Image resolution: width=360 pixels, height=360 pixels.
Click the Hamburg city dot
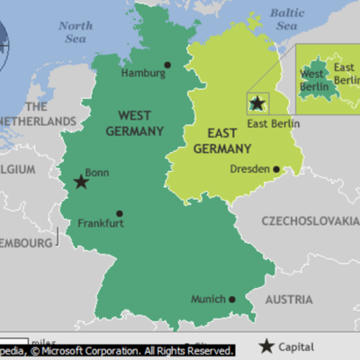pos(167,65)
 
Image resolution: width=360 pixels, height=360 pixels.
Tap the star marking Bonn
pos(81,182)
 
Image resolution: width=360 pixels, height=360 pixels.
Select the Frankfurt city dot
pos(120,214)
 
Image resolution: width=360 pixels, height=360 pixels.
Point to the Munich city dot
pos(232,300)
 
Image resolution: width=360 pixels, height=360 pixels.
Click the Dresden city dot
pos(276,168)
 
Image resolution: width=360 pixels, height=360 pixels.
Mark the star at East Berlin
pos(258,103)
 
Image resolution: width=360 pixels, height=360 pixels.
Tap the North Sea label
pos(76,32)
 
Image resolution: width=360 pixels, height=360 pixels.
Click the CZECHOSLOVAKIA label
pos(310,220)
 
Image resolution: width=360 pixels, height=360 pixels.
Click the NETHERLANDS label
pos(36,121)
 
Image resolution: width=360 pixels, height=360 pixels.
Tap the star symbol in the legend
pos(267,346)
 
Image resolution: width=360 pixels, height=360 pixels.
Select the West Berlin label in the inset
pos(313,79)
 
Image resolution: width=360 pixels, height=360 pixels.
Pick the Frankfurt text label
pos(101,224)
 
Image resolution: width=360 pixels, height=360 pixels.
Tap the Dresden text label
pos(250,168)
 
